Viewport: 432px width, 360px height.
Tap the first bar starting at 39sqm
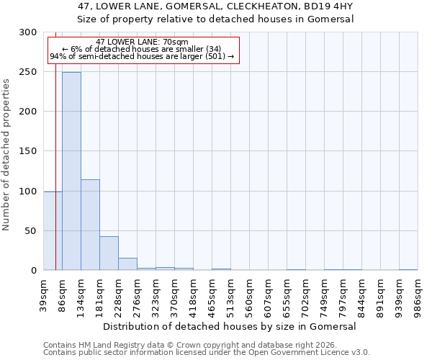[53, 230]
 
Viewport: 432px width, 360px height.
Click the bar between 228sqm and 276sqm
[127, 264]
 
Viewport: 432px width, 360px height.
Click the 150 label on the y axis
[29, 152]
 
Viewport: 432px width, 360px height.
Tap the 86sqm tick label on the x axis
[63, 294]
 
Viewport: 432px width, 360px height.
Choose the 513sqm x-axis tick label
[231, 294]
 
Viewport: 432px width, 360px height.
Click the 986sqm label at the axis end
[418, 294]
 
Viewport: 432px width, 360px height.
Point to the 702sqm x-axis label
[306, 294]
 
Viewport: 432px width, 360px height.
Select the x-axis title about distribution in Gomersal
[230, 326]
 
